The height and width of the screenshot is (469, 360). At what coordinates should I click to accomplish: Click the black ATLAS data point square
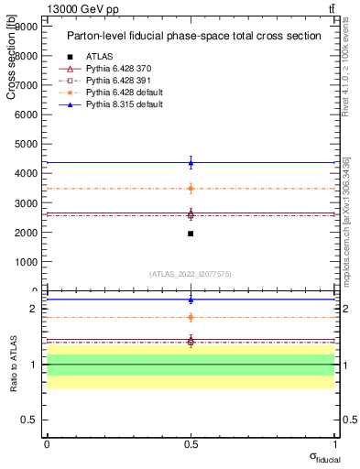[x=191, y=234]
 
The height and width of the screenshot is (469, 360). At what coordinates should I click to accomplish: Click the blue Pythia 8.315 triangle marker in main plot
[x=191, y=163]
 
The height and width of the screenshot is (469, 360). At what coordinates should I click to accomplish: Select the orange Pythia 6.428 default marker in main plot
[x=191, y=189]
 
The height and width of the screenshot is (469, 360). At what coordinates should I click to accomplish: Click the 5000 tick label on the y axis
[x=25, y=144]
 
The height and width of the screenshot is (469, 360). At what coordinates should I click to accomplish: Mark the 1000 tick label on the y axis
[x=25, y=261]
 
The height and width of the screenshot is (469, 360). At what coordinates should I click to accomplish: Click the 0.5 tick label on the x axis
[x=191, y=444]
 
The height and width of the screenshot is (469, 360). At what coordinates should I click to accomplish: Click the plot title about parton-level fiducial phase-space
[x=193, y=36]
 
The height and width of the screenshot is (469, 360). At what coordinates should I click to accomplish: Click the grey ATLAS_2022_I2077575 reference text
[x=191, y=274]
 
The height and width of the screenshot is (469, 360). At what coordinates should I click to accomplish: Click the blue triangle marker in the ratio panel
[x=191, y=300]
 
